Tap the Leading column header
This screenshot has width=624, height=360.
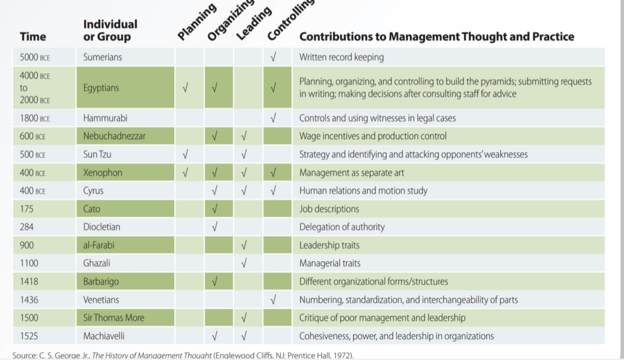click(254, 23)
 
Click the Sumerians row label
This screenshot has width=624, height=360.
click(102, 57)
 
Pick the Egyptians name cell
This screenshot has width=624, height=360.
click(101, 88)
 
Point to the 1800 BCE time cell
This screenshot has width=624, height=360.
click(35, 118)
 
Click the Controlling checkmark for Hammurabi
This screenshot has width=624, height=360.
click(273, 118)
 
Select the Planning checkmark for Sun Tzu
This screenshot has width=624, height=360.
click(185, 154)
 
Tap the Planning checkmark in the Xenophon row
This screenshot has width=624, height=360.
click(185, 173)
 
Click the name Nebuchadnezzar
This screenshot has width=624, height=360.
click(114, 136)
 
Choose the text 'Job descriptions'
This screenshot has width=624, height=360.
click(329, 209)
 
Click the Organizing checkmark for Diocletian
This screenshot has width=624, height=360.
click(214, 227)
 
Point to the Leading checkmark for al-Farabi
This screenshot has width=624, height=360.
click(244, 245)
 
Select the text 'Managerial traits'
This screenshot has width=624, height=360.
click(329, 263)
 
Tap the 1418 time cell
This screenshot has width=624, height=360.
click(29, 282)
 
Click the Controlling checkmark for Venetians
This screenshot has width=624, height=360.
click(273, 299)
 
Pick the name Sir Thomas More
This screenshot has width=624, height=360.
click(114, 317)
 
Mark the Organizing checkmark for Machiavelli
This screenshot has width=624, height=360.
click(214, 336)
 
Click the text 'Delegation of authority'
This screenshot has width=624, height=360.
click(342, 227)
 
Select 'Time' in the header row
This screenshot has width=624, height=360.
click(33, 36)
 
